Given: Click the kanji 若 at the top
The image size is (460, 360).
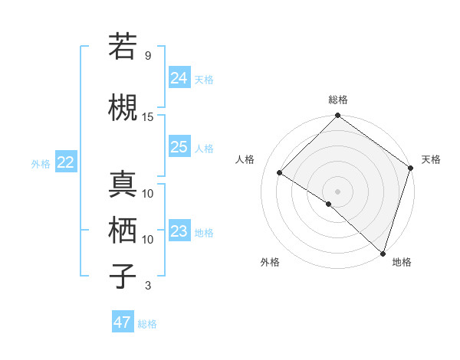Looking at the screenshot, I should (123, 47).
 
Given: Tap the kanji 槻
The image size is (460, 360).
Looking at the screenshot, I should (123, 108).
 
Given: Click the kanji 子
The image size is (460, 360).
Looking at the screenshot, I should (123, 276).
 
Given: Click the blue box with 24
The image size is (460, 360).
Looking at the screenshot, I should (179, 77).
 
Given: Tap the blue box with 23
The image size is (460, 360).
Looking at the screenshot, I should (179, 231).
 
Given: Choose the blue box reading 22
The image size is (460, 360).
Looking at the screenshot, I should (66, 162).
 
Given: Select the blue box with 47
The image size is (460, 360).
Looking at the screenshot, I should (123, 322).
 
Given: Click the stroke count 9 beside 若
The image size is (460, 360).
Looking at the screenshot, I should (147, 56).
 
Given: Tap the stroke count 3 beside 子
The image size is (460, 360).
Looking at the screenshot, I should (147, 286).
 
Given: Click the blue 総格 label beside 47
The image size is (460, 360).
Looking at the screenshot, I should (147, 324).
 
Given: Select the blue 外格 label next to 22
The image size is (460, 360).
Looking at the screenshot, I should (41, 163).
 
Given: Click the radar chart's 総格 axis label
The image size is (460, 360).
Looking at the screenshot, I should (337, 100).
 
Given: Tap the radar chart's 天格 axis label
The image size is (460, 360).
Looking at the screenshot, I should (431, 159).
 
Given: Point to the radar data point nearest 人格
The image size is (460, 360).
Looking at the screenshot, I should (280, 173).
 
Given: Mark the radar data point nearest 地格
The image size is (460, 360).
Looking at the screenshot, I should (383, 253).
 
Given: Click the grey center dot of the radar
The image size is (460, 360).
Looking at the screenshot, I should (337, 191).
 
